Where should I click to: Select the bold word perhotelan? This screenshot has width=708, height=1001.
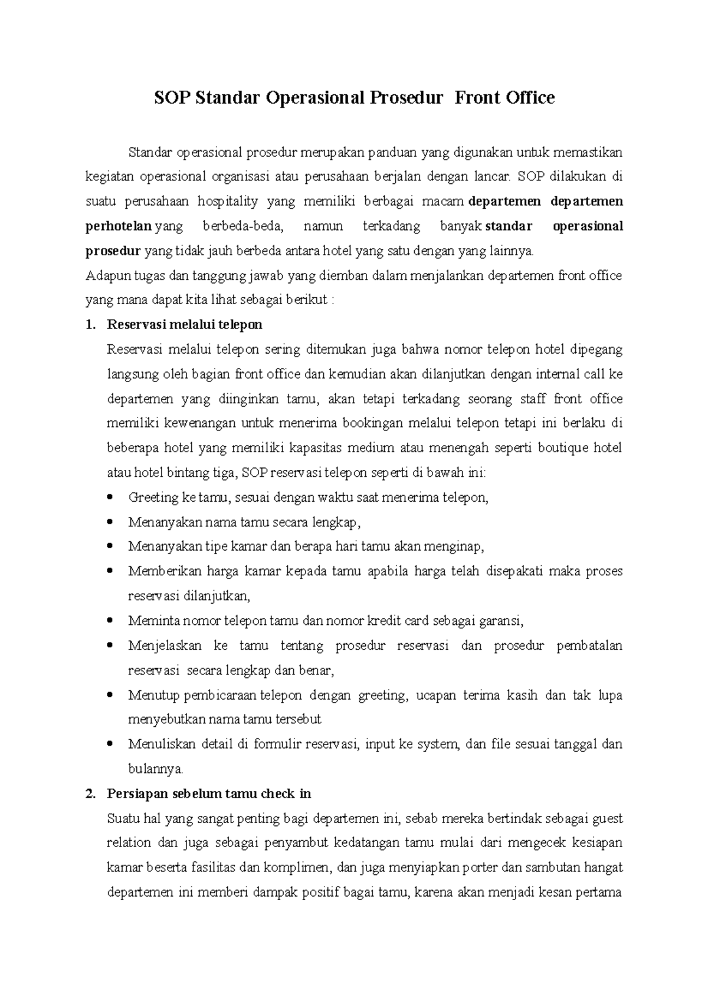(119, 226)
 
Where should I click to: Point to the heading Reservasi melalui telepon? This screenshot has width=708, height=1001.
(184, 325)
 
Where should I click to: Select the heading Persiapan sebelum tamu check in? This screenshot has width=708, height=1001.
(208, 793)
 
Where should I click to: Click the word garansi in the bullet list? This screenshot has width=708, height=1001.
(501, 621)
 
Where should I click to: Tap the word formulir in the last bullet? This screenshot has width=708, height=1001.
(277, 744)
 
